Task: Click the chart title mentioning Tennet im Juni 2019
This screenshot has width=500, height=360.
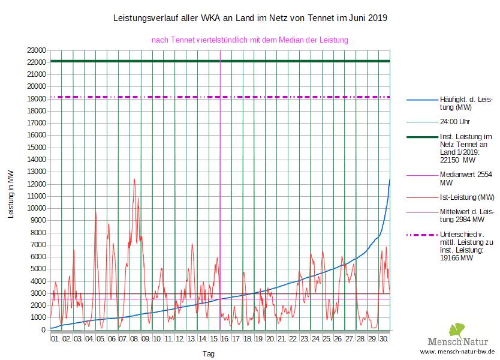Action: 250,19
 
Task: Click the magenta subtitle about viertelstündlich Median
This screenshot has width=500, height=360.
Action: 250,40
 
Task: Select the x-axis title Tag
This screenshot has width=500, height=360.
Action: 209,354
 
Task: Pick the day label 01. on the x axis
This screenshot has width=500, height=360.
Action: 55,339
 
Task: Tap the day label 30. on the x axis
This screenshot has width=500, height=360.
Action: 384,339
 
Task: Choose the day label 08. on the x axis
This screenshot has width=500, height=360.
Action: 134,339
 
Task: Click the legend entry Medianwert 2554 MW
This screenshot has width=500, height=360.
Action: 462,179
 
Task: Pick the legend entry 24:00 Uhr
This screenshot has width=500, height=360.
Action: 454,121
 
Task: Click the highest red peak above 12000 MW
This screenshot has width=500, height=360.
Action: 134,179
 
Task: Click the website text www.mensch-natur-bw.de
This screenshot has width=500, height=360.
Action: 457,352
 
